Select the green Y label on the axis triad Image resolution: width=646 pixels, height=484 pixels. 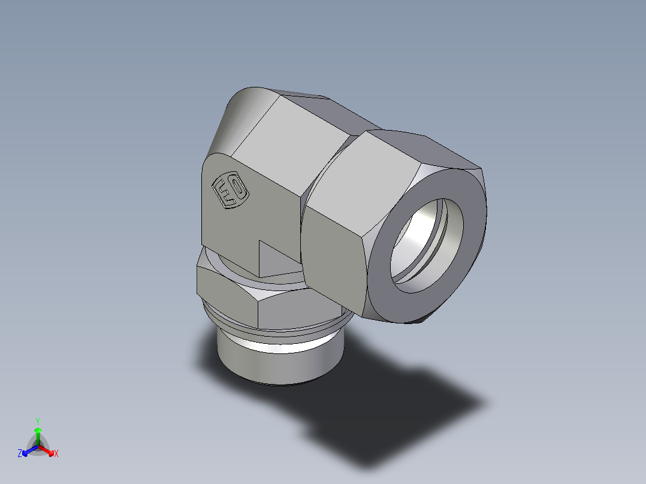pyautogui.click(x=38, y=421)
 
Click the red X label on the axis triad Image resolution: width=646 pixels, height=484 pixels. pyautogui.click(x=56, y=454)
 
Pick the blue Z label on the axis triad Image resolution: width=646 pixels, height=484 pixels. pyautogui.click(x=20, y=454)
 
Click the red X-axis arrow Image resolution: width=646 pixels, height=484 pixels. pyautogui.click(x=48, y=450)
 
